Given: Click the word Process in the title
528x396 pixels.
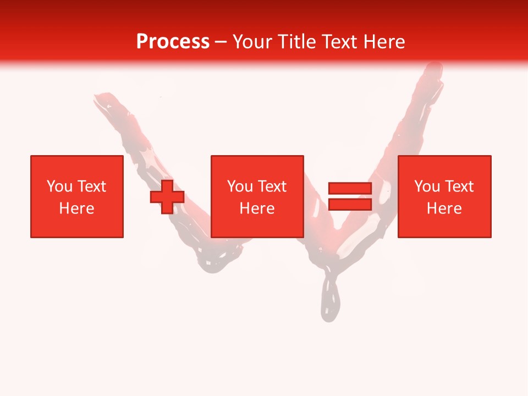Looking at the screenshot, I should (173, 42).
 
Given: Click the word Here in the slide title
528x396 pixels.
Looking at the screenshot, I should (384, 42).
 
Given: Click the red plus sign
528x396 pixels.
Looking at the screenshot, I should (167, 197).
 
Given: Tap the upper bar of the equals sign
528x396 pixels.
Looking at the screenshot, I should (350, 189).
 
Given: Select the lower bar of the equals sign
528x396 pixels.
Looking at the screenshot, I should (350, 205).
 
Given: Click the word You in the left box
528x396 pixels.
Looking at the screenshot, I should (59, 186).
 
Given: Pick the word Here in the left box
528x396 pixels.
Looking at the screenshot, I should (77, 208).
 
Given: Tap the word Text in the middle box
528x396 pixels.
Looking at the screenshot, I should (272, 186).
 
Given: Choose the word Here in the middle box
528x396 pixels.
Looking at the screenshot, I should (257, 208).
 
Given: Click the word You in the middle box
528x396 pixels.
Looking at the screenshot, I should (240, 186).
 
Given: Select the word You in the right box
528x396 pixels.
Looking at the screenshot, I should (427, 186).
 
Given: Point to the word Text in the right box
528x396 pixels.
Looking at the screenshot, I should (459, 186).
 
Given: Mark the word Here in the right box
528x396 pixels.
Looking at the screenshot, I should (444, 208).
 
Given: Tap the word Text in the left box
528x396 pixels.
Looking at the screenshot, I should (92, 186).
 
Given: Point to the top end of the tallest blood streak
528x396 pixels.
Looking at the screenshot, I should (434, 69).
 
